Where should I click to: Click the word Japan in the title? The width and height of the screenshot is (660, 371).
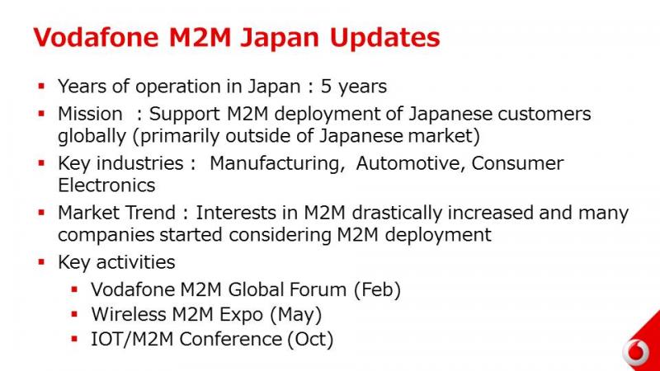pyautogui.click(x=280, y=38)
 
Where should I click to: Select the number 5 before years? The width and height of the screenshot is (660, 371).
pyautogui.click(x=326, y=87)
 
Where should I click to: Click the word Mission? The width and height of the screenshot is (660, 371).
pyautogui.click(x=90, y=114)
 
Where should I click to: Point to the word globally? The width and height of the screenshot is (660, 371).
pyautogui.click(x=92, y=137)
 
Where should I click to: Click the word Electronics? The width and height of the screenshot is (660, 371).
pyautogui.click(x=106, y=185)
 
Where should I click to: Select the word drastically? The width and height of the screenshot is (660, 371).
pyautogui.click(x=397, y=214)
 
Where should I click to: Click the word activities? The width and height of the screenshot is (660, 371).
pyautogui.click(x=135, y=262)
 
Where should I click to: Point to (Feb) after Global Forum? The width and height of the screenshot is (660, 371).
pyautogui.click(x=378, y=290)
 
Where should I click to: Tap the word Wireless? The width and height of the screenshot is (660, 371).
pyautogui.click(x=129, y=315)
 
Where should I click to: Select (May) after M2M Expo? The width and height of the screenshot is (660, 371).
pyautogui.click(x=295, y=315)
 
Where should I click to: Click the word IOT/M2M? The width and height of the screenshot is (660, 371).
pyautogui.click(x=132, y=339)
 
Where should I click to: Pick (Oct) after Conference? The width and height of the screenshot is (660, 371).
pyautogui.click(x=310, y=340)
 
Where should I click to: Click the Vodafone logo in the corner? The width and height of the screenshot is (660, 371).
pyautogui.click(x=636, y=351)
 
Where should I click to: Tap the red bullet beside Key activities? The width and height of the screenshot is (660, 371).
pyautogui.click(x=41, y=262)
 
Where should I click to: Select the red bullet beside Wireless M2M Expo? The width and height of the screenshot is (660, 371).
pyautogui.click(x=74, y=314)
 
